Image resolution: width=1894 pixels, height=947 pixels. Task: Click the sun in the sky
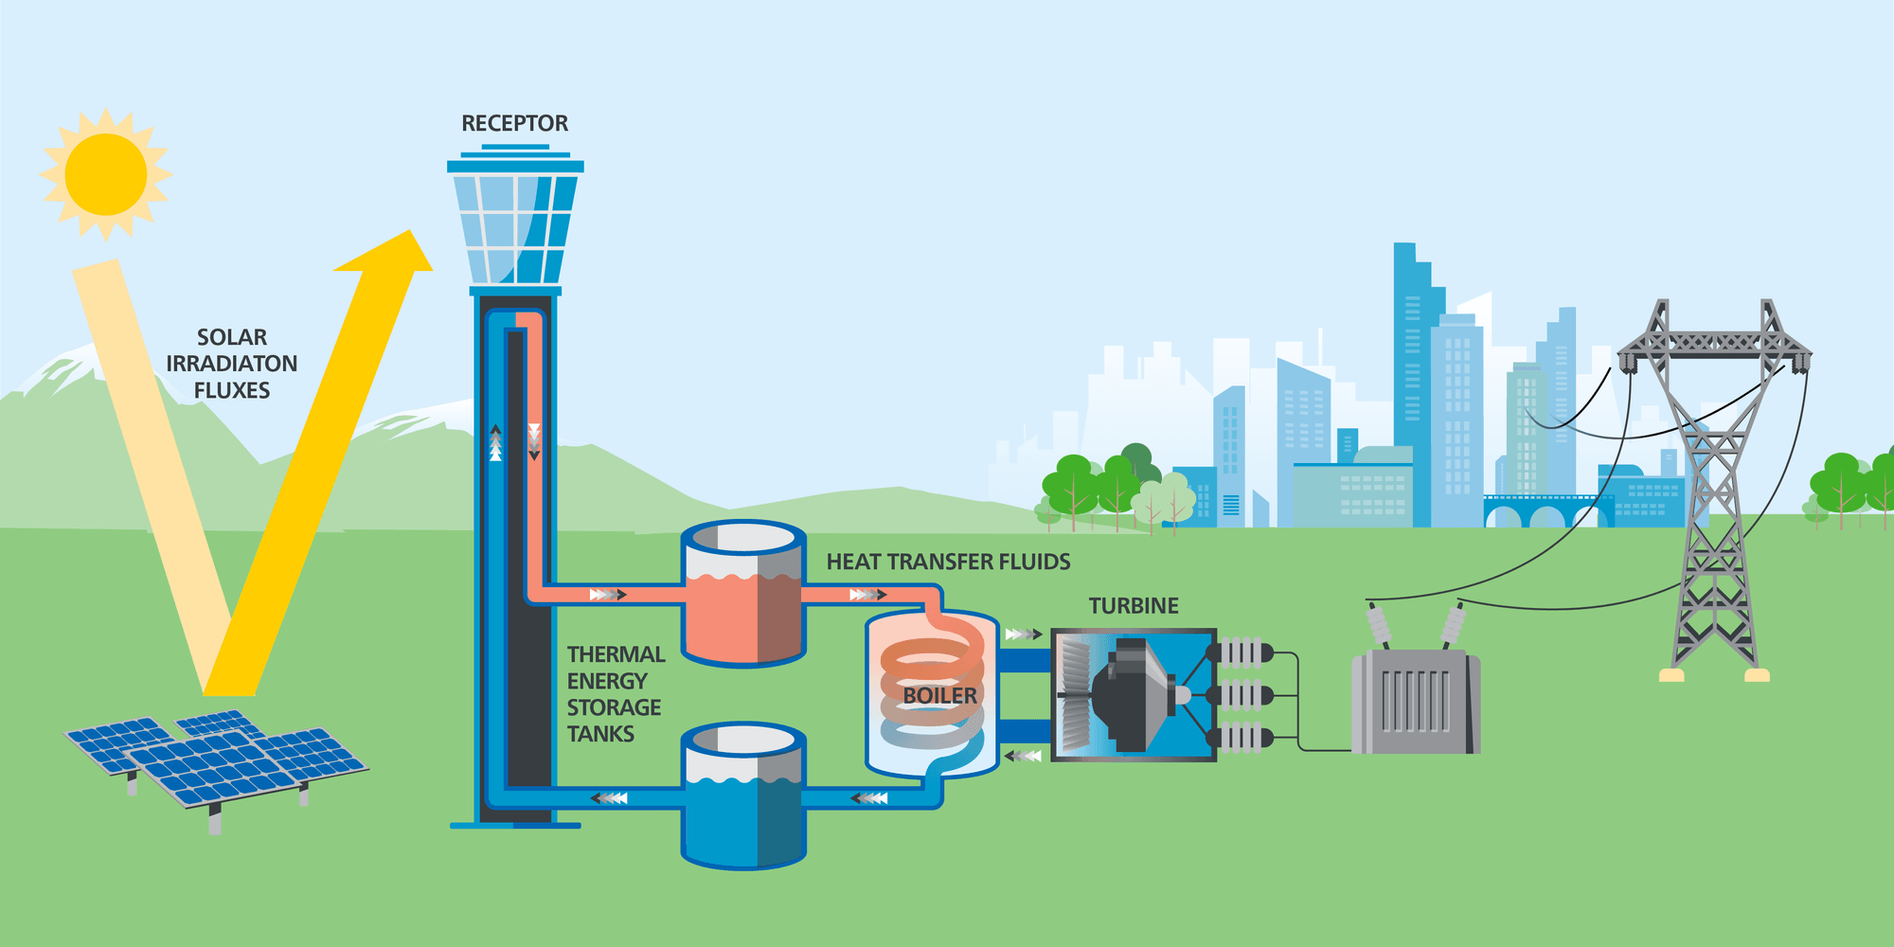point(105,174)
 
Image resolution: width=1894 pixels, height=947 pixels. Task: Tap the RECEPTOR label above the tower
point(514,123)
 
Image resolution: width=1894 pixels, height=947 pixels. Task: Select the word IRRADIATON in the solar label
point(231,364)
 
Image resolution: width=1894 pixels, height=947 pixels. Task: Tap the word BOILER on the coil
point(939,696)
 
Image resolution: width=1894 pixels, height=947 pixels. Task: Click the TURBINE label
point(1134,606)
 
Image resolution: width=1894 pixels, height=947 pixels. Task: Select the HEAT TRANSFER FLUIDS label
point(948,562)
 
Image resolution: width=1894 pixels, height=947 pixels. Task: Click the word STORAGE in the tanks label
point(614,707)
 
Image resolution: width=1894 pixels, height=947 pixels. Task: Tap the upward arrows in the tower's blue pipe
point(495,443)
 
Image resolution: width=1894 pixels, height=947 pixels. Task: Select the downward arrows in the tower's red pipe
point(534,441)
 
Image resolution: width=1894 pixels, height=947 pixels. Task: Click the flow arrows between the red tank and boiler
point(867,595)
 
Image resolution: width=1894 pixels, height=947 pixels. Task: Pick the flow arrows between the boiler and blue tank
point(869,798)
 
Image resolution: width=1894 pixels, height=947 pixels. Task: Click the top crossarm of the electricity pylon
point(1714,342)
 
